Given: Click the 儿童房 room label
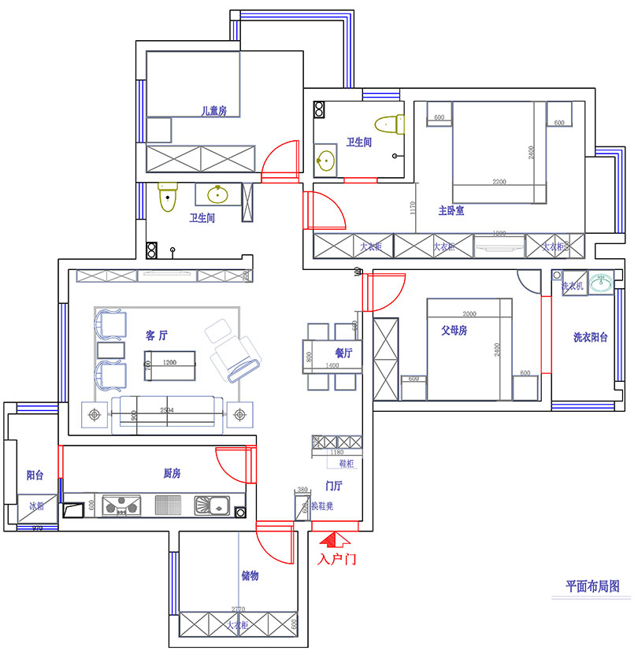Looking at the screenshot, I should point(213,112).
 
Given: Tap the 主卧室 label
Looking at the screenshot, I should point(451,211).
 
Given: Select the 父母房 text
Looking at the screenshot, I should point(454,331).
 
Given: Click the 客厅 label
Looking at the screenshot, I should point(157,335).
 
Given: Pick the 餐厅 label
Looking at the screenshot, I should point(343,353).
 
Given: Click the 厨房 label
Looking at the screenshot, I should point(172,473).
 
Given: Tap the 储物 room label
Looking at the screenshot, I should point(250,576).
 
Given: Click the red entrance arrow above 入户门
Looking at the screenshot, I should point(337,540).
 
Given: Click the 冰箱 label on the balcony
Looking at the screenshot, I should point(36,507).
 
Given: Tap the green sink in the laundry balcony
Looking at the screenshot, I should point(603,283).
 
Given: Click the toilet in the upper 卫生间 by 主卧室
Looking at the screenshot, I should point(389,124).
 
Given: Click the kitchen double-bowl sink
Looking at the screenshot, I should point(213,505).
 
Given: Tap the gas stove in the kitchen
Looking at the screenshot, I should point(121,506).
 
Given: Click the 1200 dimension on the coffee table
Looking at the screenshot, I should point(169,363).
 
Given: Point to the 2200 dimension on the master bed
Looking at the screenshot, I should point(499,182).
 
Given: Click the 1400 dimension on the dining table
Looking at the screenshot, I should point(332,366).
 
